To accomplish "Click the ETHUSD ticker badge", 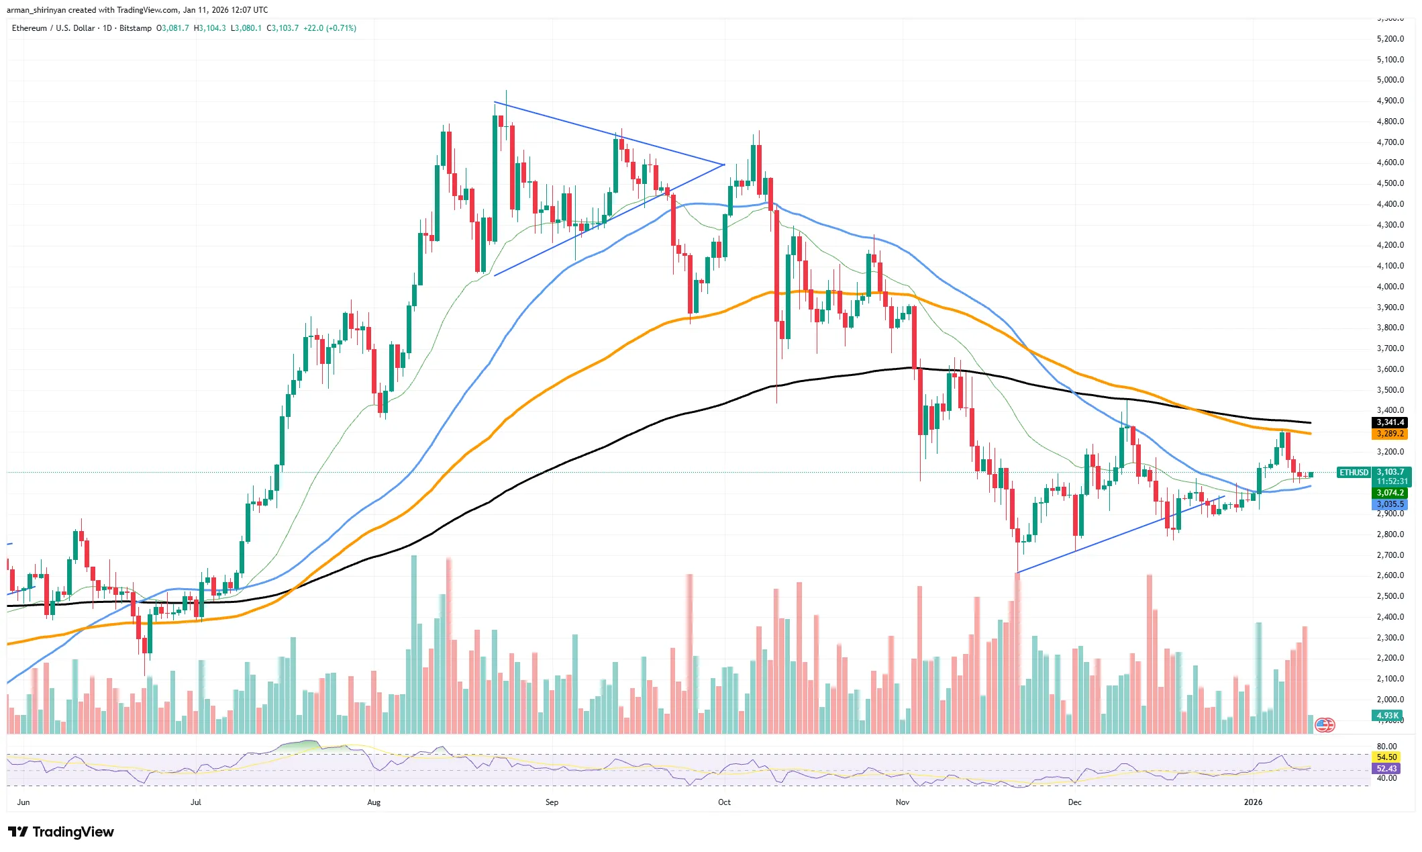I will pos(1354,473).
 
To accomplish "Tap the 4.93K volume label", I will pos(1386,716).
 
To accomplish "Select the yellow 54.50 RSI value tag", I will pos(1386,757).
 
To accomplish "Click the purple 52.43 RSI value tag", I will pos(1386,769).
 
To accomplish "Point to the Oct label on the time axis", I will pos(724,802).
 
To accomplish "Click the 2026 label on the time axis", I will pos(1252,802).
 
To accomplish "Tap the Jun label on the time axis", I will pos(23,802).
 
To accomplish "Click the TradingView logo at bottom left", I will pos(61,833).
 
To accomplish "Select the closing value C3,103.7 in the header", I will pos(283,28).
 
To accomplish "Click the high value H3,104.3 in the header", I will pos(209,28).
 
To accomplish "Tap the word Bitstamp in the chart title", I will pos(136,28).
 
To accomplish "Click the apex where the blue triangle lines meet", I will pos(724,164).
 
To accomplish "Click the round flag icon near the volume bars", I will pos(1324,725).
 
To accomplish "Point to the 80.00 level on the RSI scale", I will pos(1386,746).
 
